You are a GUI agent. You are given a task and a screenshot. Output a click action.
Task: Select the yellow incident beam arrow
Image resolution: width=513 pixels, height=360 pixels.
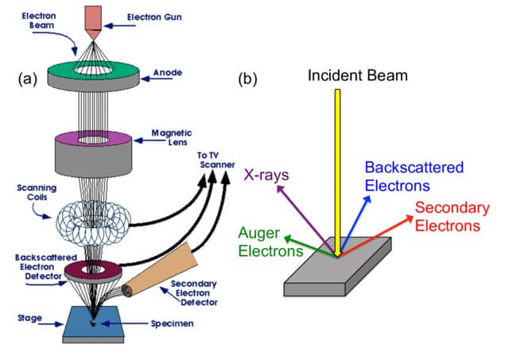point(338,167)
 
